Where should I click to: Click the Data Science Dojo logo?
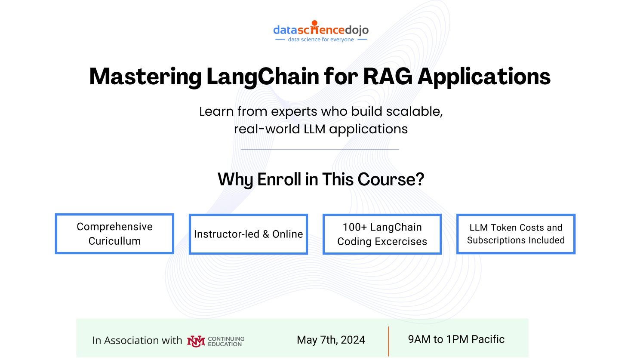tap(321, 31)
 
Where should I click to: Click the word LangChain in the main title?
tap(263, 77)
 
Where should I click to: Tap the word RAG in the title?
tap(387, 77)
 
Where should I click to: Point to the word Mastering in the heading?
tap(145, 77)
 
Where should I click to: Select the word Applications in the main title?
tap(484, 77)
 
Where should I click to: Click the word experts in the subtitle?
tap(295, 111)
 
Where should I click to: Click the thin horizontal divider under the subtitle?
tap(320, 149)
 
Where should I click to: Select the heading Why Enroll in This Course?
tap(321, 179)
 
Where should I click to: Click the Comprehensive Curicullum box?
tap(114, 234)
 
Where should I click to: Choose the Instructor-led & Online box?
tap(248, 234)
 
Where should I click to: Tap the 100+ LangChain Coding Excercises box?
tap(382, 234)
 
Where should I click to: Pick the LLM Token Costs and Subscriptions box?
tap(516, 234)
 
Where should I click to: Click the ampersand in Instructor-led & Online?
tap(266, 234)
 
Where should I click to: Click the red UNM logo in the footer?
tap(196, 341)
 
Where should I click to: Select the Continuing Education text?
tap(226, 342)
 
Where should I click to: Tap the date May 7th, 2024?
tap(331, 340)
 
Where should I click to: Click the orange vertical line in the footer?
tap(388, 341)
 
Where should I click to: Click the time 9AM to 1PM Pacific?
tap(456, 339)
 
